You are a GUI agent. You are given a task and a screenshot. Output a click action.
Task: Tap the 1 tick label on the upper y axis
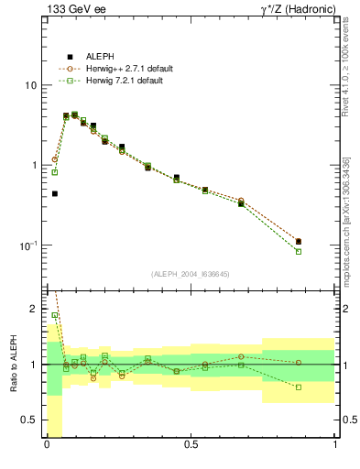pyautogui.click(x=34, y=165)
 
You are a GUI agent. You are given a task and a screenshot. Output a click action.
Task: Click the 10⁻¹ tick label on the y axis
pyautogui.click(x=29, y=245)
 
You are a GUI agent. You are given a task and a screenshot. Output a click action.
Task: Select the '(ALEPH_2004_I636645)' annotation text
pyautogui.click(x=191, y=273)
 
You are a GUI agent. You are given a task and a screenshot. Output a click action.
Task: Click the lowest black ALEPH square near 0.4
pyautogui.click(x=55, y=193)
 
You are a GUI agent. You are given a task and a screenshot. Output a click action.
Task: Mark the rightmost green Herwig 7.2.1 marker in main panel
pyautogui.click(x=299, y=251)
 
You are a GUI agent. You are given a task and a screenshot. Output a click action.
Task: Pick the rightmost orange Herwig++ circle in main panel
pyautogui.click(x=299, y=242)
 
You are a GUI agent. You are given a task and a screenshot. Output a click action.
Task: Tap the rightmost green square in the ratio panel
pyautogui.click(x=299, y=387)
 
